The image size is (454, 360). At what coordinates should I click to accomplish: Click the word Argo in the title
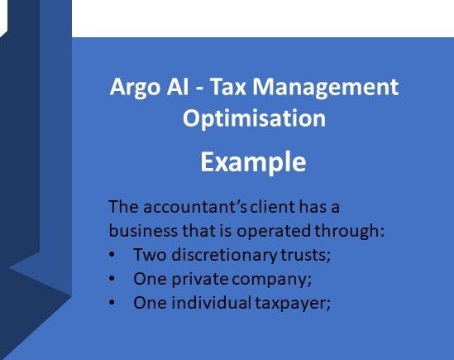[135, 88]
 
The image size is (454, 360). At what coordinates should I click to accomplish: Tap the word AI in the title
[178, 86]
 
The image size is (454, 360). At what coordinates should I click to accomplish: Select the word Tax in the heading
[228, 86]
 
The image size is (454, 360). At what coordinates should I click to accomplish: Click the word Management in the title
[326, 88]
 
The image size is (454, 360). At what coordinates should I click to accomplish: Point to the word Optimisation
[254, 118]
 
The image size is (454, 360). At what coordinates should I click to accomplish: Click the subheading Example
[253, 162]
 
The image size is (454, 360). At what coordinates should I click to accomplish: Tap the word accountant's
[195, 207]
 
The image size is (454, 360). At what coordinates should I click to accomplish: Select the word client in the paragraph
[272, 206]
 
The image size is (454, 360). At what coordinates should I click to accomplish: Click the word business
[143, 231]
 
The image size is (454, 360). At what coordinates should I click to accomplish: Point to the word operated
[274, 232]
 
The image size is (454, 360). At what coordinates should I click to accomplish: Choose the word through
[349, 232]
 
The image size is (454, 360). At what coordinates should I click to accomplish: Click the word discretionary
[224, 256]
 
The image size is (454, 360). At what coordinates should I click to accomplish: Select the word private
[200, 280]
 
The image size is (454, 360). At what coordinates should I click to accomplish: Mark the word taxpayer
[293, 304]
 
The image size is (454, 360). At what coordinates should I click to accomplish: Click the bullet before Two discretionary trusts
[112, 255]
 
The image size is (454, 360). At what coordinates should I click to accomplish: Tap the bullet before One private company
[112, 279]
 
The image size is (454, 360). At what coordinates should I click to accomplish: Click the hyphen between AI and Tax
[199, 88]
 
